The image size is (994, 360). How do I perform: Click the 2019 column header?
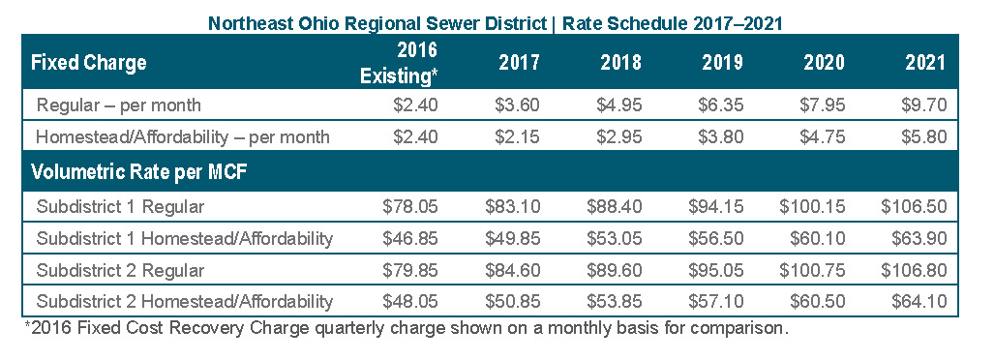coord(722,63)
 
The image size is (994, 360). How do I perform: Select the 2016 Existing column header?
coord(399,63)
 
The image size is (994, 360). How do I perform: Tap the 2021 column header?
coord(925,63)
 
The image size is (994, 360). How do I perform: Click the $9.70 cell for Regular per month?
coord(924,105)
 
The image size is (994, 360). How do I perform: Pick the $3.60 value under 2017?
coord(517,105)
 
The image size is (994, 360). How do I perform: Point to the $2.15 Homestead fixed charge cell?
coord(517,136)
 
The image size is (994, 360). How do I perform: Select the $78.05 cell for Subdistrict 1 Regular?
coord(410,207)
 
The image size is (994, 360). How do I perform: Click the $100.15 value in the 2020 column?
coord(812,207)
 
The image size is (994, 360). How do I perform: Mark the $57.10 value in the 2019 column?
coord(715,302)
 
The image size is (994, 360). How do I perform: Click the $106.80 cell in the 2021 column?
coord(914,270)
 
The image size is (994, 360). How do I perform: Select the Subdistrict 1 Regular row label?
coord(120,207)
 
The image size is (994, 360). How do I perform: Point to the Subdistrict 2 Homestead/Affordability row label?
coord(185,302)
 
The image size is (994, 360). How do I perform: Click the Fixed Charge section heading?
coord(89,63)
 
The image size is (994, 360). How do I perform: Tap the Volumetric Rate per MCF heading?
coord(138,172)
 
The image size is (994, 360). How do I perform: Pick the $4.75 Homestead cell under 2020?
coord(823,136)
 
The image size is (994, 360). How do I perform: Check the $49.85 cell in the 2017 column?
coord(512,238)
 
